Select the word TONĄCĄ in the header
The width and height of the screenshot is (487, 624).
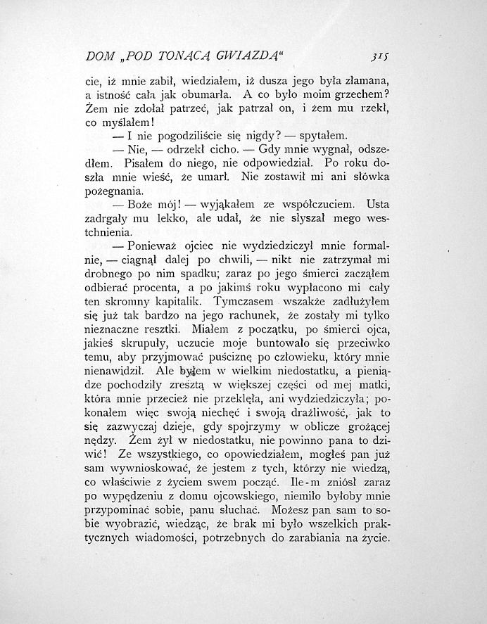point(175,56)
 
